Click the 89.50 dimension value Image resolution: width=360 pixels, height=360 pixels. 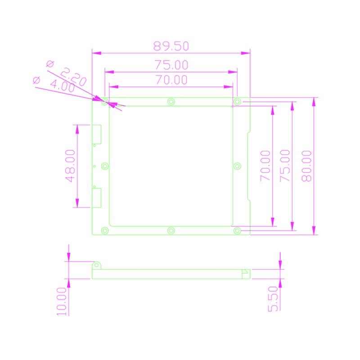pos(171,46)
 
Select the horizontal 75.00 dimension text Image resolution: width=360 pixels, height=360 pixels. pos(171,65)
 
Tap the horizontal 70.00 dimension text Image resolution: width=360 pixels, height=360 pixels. pos(171,80)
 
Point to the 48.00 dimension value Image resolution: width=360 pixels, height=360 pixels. pos(70,166)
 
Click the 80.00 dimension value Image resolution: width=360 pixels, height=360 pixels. pos(306,166)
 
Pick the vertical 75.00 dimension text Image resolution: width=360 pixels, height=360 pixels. pos(285,166)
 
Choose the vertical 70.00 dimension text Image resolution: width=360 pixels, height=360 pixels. pos(265,166)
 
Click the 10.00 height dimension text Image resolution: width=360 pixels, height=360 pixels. pos(62,301)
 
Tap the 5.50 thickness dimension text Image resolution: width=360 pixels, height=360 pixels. pos(273,299)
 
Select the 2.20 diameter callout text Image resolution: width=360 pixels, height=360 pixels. pos(73,76)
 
